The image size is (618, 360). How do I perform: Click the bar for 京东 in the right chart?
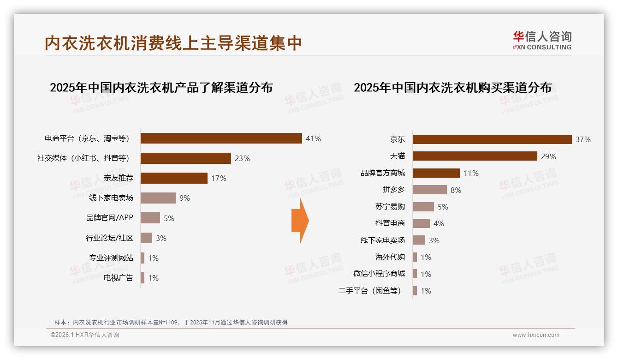pos(492,139)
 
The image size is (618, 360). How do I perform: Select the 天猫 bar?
pos(475,156)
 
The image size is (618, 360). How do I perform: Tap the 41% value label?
pos(313,138)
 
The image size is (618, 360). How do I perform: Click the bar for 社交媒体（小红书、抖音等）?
pos(185,158)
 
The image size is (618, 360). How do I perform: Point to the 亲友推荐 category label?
pos(118,178)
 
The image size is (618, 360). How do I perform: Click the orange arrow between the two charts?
pos(300,221)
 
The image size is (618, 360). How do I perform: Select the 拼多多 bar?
pos(429,190)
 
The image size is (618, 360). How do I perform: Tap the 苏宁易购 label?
pos(390,207)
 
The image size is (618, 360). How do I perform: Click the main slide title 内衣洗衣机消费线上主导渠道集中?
pos(173,43)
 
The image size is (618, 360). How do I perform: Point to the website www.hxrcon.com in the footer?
pos(536,335)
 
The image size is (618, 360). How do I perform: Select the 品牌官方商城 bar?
pos(436,173)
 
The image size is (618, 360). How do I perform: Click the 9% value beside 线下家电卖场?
pos(184,198)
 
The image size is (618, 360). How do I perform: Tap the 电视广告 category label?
pos(118,278)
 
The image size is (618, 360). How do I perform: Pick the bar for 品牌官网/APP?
pos(150,218)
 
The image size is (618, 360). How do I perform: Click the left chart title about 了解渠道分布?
pos(161,87)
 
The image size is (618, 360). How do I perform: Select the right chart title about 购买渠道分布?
pos(452,87)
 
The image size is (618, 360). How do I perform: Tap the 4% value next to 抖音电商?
pos(439,223)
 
